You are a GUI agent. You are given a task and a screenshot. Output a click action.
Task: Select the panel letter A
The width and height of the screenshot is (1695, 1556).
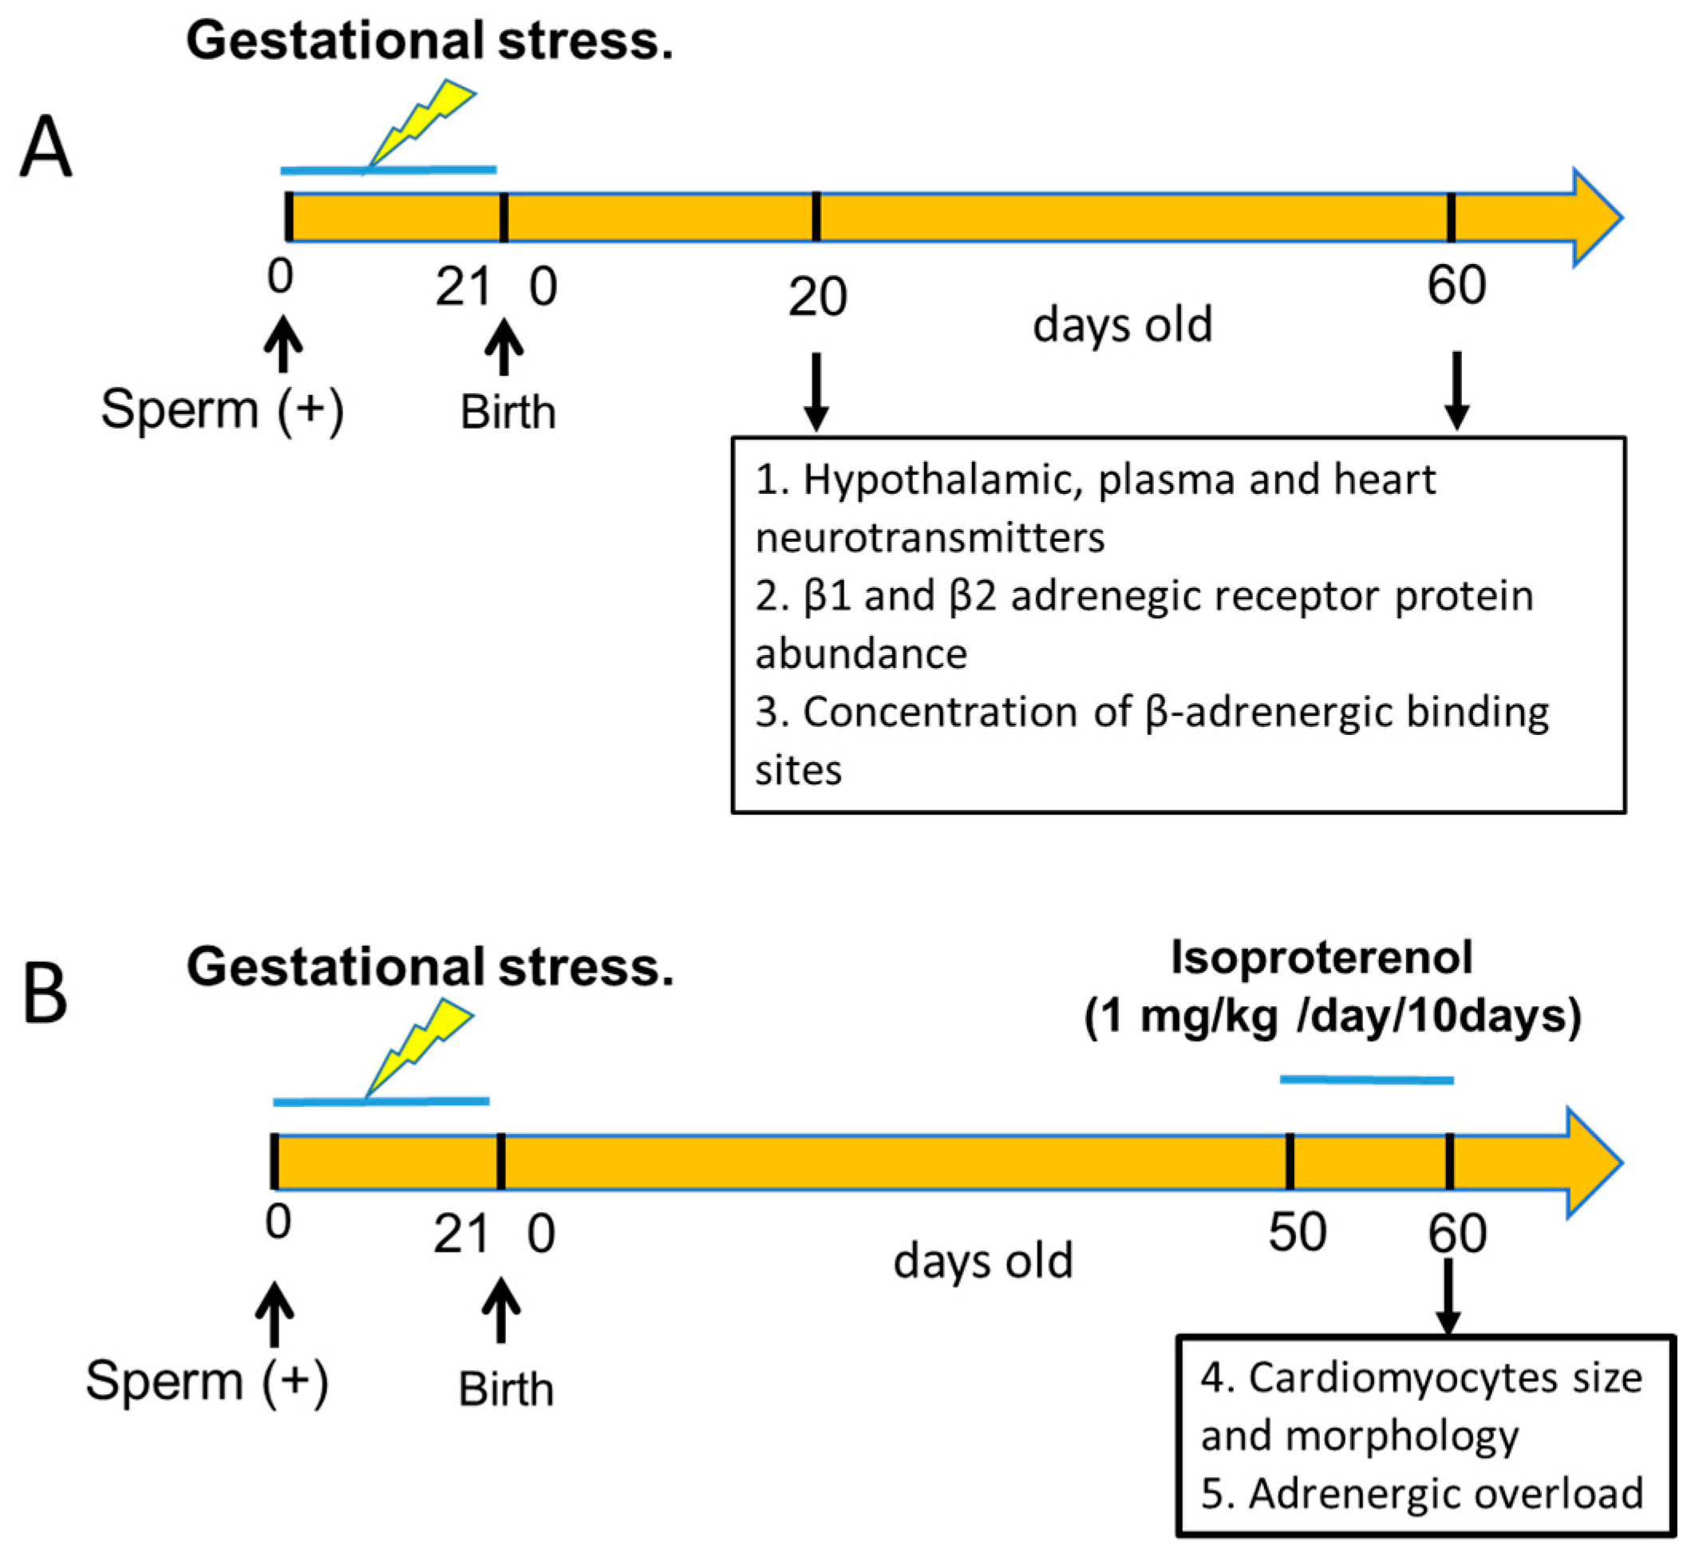point(46,148)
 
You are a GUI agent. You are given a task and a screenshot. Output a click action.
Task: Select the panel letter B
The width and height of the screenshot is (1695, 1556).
point(45,993)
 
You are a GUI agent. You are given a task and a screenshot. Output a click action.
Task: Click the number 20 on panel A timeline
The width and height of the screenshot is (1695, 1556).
point(816,297)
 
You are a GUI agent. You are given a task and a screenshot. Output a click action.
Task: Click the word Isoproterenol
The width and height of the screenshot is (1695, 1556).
point(1322,958)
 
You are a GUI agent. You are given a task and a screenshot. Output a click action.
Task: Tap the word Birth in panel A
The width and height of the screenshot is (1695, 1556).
point(508,413)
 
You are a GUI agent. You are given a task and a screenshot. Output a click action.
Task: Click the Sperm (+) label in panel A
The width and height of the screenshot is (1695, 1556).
point(223,410)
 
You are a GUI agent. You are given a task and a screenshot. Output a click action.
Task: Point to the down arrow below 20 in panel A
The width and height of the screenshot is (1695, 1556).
point(816,392)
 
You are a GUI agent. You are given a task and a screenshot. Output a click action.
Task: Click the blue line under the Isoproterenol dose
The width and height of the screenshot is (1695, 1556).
point(1365,1080)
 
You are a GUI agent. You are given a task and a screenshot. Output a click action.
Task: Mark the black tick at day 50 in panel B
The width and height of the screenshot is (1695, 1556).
point(1290,1162)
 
